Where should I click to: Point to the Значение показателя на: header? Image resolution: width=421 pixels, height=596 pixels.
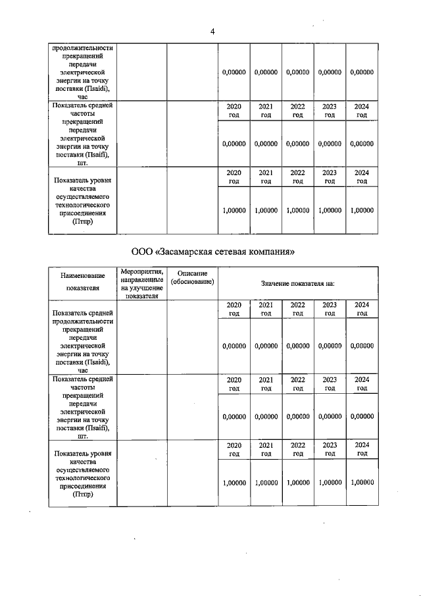point(297,283)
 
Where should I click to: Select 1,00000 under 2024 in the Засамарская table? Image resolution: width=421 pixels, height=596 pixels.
point(362,482)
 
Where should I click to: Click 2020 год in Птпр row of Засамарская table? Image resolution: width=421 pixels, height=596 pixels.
point(234,449)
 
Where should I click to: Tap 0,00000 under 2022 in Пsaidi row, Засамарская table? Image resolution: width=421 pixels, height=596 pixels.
point(298,346)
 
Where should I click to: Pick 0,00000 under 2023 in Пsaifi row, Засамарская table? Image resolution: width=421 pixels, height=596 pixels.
point(330,416)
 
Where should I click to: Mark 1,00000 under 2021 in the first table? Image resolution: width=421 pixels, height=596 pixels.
point(266,210)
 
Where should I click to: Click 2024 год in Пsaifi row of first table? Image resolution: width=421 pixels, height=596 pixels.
point(362,110)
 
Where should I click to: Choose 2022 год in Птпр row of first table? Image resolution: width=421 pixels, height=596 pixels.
point(298,177)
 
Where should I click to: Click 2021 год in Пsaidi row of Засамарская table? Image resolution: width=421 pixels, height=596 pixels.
point(266,309)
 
